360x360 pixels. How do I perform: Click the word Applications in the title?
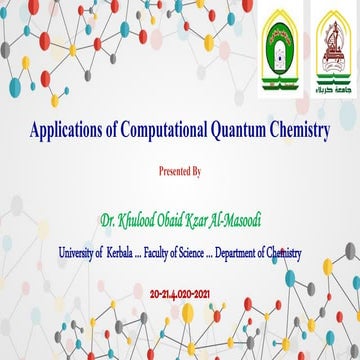(x=67, y=132)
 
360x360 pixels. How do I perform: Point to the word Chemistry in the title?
(x=298, y=132)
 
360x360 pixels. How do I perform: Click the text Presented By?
(x=180, y=172)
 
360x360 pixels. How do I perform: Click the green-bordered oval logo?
(x=278, y=59)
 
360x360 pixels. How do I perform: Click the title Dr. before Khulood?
(x=107, y=215)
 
